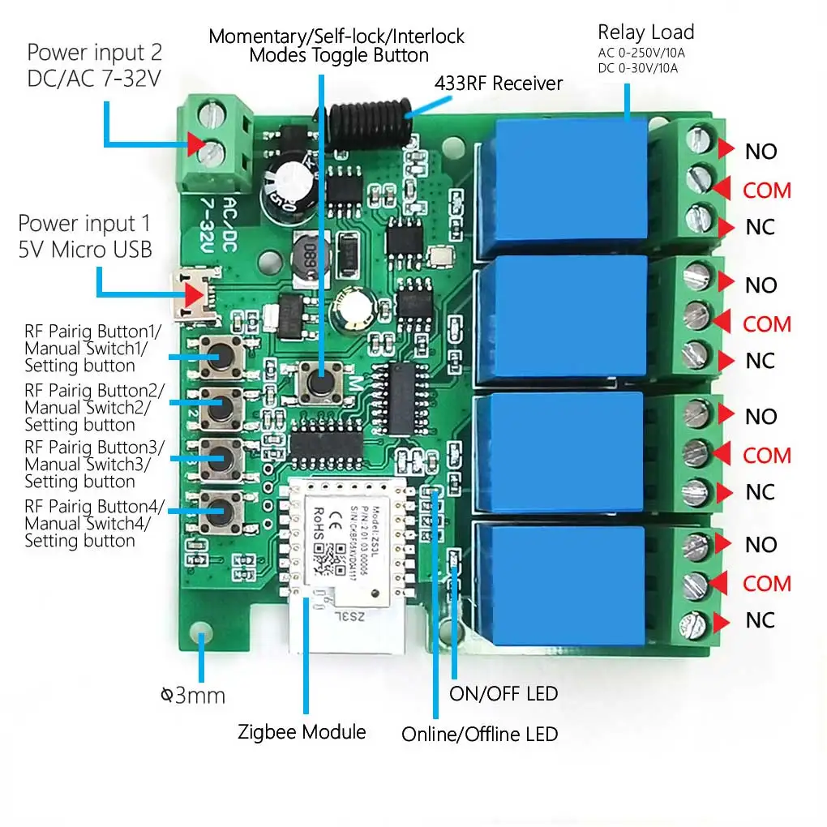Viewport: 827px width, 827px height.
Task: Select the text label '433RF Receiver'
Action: [x=499, y=83]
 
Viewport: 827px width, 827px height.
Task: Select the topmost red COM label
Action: [x=766, y=190]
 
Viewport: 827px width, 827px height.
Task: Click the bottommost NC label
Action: [x=761, y=620]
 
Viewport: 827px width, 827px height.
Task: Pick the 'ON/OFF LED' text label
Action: [x=503, y=694]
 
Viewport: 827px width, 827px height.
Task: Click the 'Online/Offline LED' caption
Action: [x=480, y=734]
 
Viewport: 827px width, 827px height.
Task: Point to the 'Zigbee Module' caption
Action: [x=302, y=732]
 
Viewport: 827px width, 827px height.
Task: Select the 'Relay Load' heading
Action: [x=645, y=32]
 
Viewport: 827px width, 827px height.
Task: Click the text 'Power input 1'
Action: [x=84, y=223]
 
